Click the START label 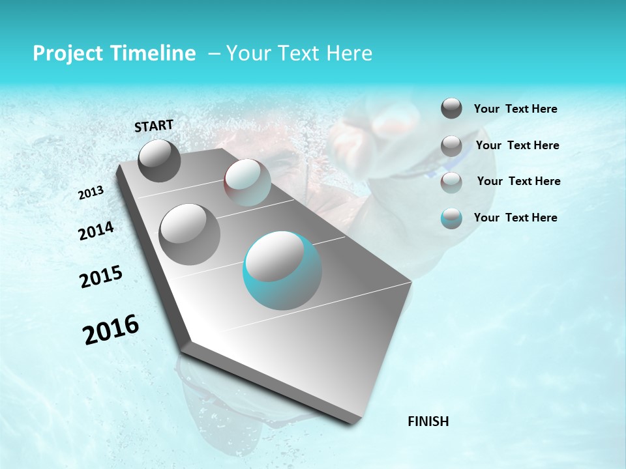click(x=154, y=126)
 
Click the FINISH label click(x=428, y=421)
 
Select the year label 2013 click(x=91, y=192)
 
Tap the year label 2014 click(x=96, y=231)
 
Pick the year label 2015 click(x=100, y=277)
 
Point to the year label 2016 click(x=111, y=330)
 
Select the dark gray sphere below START click(x=159, y=160)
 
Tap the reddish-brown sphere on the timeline click(x=247, y=182)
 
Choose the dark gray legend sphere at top click(x=451, y=108)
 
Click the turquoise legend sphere click(x=451, y=218)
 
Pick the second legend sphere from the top click(x=451, y=146)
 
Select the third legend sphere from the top click(x=451, y=182)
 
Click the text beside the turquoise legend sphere click(x=515, y=218)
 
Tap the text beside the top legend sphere click(x=515, y=109)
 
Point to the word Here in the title click(x=348, y=53)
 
